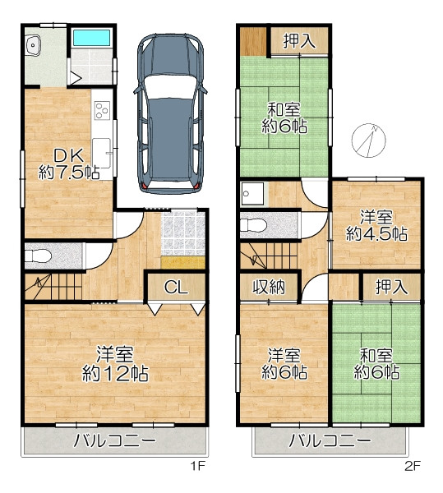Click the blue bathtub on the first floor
pyautogui.click(x=91, y=38)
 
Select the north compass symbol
pyautogui.click(x=369, y=141)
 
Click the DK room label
pyautogui.click(x=68, y=155)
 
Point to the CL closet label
pyautogui.click(x=176, y=287)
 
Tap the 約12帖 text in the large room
pyautogui.click(x=115, y=373)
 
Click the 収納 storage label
pyautogui.click(x=270, y=287)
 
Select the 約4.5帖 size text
pyautogui.click(x=376, y=234)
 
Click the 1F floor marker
pyautogui.click(x=198, y=466)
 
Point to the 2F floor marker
pyautogui.click(x=413, y=466)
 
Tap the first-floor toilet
pyautogui.click(x=38, y=256)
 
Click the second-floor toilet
pyautogui.click(x=253, y=225)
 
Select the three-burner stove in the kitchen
pyautogui.click(x=102, y=110)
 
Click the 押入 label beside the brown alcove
pyautogui.click(x=300, y=41)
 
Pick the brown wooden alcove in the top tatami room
pyautogui.click(x=253, y=42)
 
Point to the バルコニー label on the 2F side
pyautogui.click(x=330, y=440)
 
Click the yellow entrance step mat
pyautogui.click(x=183, y=263)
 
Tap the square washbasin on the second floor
pyautogui.click(x=252, y=194)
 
